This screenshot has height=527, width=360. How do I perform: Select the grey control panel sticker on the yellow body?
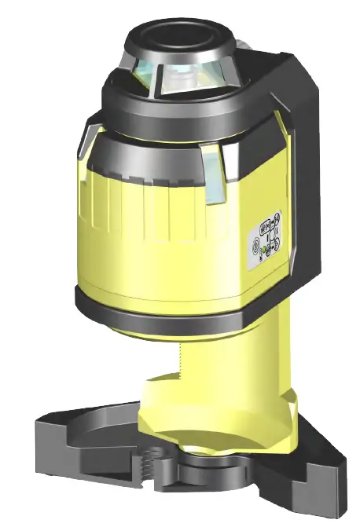[266, 240]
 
